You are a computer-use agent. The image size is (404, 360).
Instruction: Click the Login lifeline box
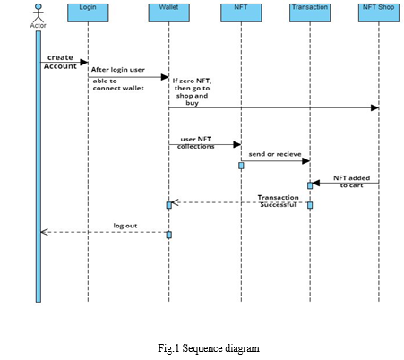pyautogui.click(x=88, y=13)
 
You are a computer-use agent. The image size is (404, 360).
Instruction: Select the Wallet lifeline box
pyautogui.click(x=169, y=13)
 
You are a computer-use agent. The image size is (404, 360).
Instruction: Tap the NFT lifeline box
pyautogui.click(x=241, y=13)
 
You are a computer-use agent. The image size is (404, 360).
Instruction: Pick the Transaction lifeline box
pyautogui.click(x=310, y=13)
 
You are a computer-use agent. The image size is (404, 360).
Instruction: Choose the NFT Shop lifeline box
pyautogui.click(x=379, y=13)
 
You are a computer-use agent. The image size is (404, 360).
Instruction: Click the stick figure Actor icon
pyautogui.click(x=39, y=13)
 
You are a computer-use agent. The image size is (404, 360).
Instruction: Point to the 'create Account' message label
pyautogui.click(x=60, y=62)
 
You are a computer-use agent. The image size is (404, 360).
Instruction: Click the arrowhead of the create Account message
pyautogui.click(x=84, y=62)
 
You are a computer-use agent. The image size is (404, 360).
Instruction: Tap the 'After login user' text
pyautogui.click(x=118, y=70)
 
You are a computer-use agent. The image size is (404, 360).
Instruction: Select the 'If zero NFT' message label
pyautogui.click(x=192, y=91)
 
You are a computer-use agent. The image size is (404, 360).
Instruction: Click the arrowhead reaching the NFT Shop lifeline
pyautogui.click(x=374, y=107)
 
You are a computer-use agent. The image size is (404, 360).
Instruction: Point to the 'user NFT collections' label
pyautogui.click(x=196, y=142)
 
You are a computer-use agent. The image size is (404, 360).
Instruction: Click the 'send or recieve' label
pyautogui.click(x=275, y=154)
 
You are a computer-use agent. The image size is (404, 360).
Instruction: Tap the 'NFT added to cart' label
pyautogui.click(x=352, y=182)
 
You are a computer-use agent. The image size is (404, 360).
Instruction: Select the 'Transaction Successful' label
pyautogui.click(x=278, y=201)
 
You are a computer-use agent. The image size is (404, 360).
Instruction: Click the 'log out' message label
pyautogui.click(x=125, y=226)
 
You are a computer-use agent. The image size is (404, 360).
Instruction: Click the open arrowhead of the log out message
pyautogui.click(x=44, y=232)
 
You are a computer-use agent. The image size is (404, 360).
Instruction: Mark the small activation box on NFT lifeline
pyautogui.click(x=241, y=166)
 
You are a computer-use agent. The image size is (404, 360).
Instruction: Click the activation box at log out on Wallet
pyautogui.click(x=169, y=235)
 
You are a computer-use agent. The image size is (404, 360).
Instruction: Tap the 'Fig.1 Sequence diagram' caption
pyautogui.click(x=209, y=348)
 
